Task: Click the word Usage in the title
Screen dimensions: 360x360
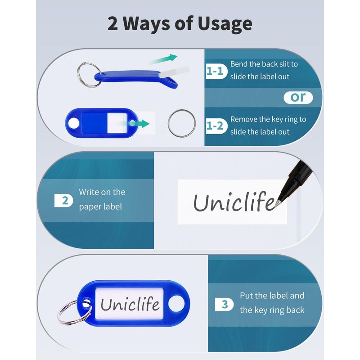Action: [x=225, y=24]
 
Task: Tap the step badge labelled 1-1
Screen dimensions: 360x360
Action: [x=216, y=71]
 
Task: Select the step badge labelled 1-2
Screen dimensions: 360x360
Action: [x=216, y=126]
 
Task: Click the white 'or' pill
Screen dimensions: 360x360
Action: [x=298, y=98]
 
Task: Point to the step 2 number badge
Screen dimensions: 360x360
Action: [x=63, y=200]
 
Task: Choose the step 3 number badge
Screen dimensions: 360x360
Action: [x=224, y=305]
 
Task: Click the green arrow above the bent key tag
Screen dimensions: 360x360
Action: [x=163, y=59]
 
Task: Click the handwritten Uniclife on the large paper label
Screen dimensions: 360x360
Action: [x=234, y=202]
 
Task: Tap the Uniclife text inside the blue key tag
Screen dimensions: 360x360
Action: [x=130, y=303]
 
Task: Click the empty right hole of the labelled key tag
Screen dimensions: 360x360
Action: [x=176, y=303]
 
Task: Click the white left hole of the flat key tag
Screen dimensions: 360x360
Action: [x=74, y=123]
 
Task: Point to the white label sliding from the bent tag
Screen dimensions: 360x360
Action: [x=175, y=72]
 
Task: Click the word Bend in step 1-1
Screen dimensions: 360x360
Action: [x=239, y=64]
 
